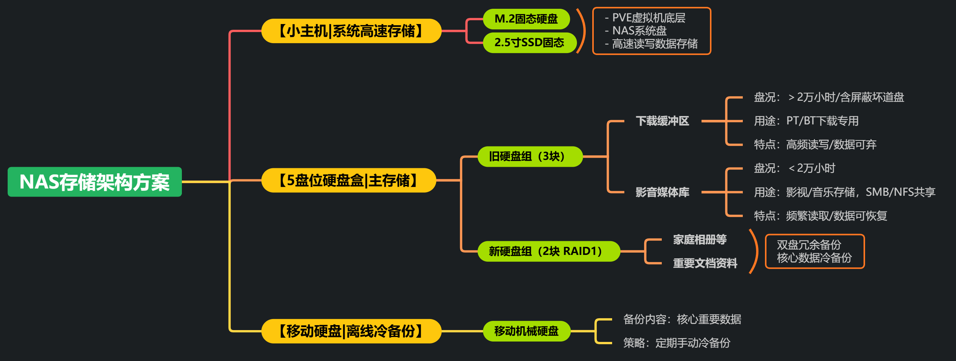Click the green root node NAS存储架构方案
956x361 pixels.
tap(95, 182)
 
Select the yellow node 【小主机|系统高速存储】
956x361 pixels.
tap(351, 31)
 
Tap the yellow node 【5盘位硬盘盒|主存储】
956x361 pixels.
tap(348, 180)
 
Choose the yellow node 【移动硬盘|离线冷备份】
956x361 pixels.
tap(351, 331)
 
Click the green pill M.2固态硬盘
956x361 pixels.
tap(526, 19)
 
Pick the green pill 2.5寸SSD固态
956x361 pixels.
tap(529, 42)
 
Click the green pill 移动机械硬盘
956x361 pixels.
tap(527, 331)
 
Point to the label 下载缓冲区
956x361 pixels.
tap(662, 121)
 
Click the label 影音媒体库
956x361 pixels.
tap(662, 192)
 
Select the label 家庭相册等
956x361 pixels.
tap(700, 240)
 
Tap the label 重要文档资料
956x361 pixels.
tap(705, 263)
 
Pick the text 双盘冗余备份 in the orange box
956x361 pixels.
tap(809, 245)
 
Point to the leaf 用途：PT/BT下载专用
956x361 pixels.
tap(806, 121)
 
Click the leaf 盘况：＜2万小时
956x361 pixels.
tap(794, 169)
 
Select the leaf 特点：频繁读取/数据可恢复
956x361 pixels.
tap(820, 216)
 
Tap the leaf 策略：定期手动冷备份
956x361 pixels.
tap(677, 343)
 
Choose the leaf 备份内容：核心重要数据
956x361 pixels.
tap(682, 319)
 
